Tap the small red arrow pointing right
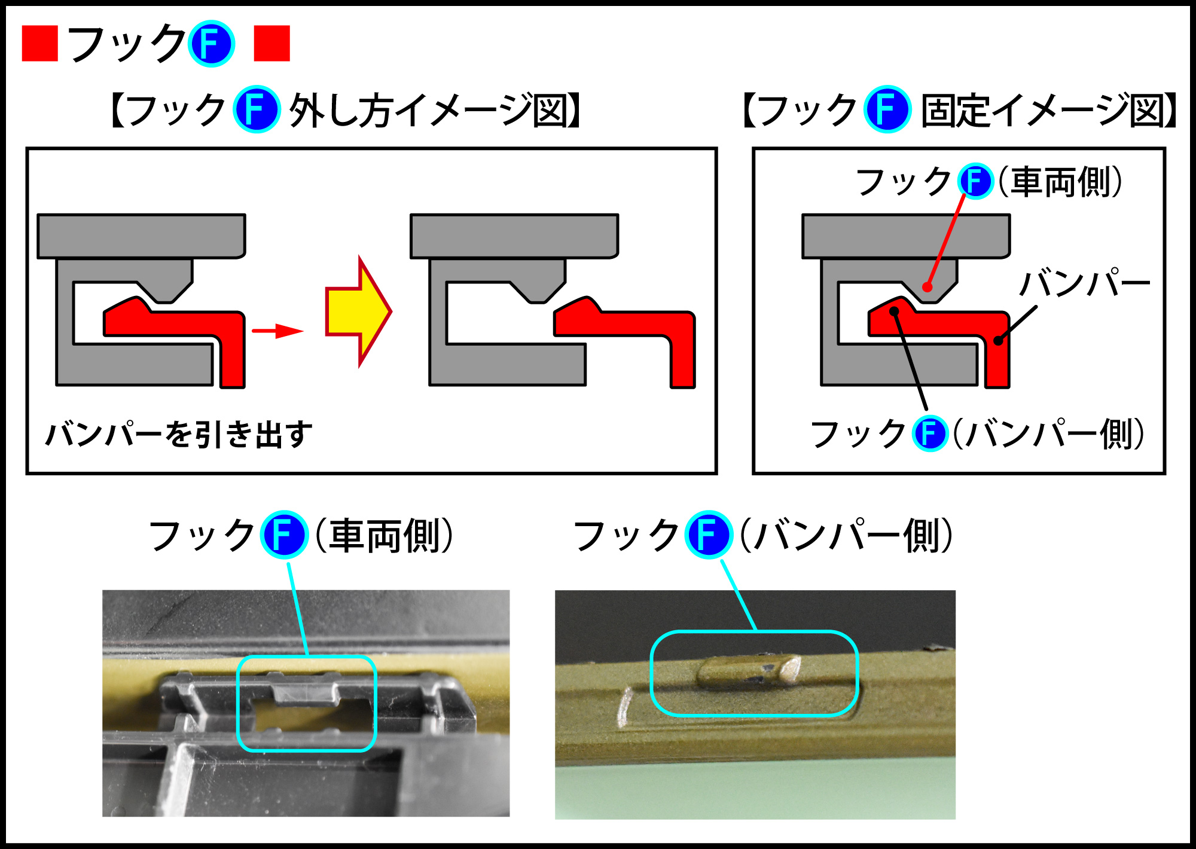click(x=277, y=331)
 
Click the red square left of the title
click(x=39, y=43)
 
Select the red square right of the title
click(x=272, y=43)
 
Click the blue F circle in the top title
click(x=211, y=44)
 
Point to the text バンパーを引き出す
click(x=179, y=434)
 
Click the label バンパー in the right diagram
click(x=1084, y=283)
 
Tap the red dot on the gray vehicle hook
click(x=927, y=287)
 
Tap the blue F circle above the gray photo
click(x=284, y=535)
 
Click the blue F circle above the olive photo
click(x=709, y=535)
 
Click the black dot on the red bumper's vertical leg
click(x=997, y=341)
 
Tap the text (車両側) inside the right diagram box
click(x=1060, y=182)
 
